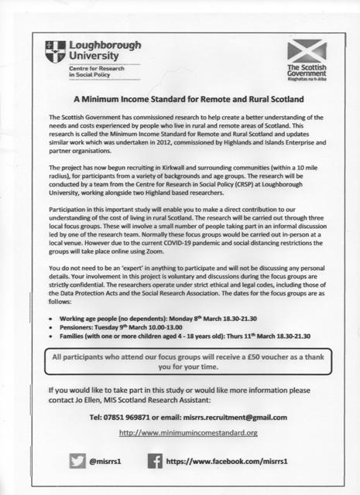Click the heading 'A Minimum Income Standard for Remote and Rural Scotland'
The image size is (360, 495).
tap(180, 101)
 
